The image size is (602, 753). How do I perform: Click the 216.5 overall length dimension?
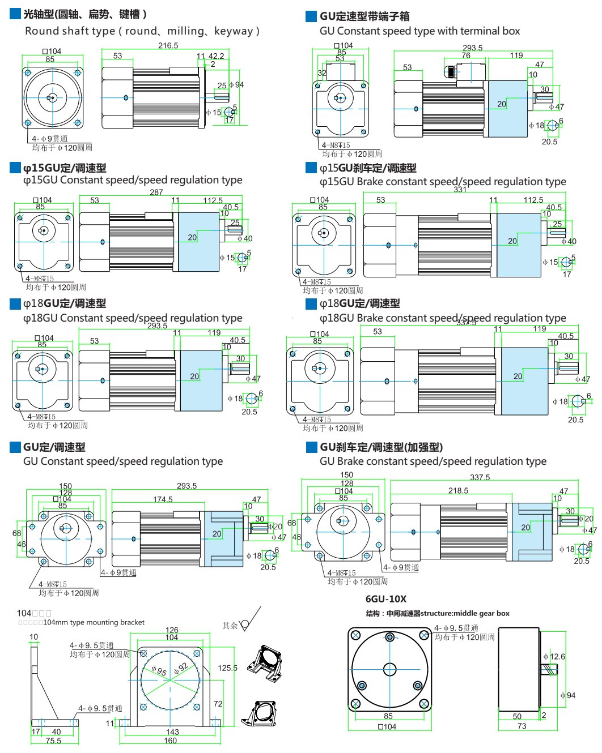point(168,45)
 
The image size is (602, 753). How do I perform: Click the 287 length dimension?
point(156,192)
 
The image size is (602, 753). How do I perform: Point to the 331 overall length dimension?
point(460,190)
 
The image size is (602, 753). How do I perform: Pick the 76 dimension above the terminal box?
point(466,55)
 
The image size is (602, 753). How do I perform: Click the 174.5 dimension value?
point(163,499)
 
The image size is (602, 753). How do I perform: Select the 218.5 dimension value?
point(458,491)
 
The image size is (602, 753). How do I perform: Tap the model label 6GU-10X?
point(385,599)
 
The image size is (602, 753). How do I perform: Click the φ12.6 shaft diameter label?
point(554,657)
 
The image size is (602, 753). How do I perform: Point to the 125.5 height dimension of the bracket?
point(227,668)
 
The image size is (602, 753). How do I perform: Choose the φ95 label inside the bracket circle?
point(159,671)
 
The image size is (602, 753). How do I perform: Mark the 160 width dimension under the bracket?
point(171,741)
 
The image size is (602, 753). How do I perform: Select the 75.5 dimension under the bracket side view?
point(53,741)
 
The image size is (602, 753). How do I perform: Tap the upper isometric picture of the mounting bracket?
point(264,661)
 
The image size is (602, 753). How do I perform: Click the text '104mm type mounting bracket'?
point(94,622)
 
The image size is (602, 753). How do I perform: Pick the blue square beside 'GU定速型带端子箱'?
point(311,16)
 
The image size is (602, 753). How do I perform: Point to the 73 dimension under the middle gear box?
point(522,726)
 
